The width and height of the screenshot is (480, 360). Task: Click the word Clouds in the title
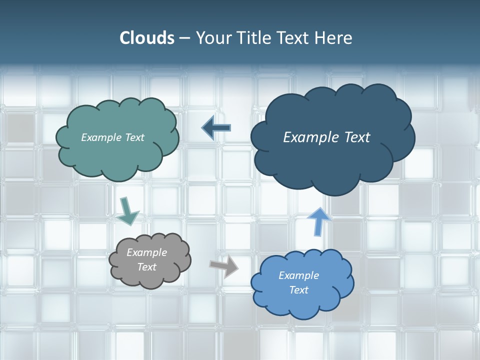[147, 38]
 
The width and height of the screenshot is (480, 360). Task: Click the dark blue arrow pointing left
[216, 128]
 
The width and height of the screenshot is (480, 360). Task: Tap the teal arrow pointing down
[128, 211]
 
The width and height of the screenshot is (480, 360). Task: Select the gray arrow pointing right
[224, 266]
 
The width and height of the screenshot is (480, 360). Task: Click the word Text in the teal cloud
[134, 137]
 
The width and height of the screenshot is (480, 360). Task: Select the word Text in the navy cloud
[357, 137]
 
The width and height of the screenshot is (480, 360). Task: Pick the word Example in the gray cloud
[146, 252]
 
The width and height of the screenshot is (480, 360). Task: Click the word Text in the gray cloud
[146, 267]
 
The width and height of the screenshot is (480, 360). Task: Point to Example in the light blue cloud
[298, 275]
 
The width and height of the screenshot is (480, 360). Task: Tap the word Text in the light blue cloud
[298, 290]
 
